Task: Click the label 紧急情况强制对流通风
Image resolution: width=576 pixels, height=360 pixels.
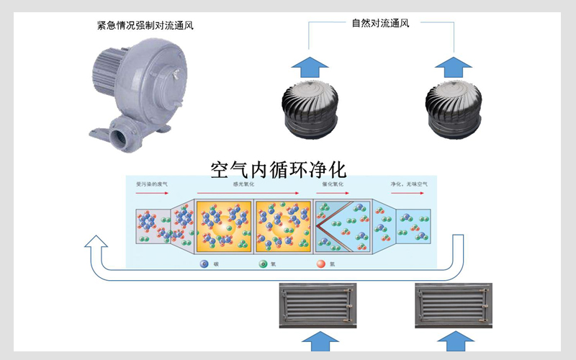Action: pyautogui.click(x=145, y=26)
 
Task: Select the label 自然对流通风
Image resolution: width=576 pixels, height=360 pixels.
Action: pyautogui.click(x=381, y=22)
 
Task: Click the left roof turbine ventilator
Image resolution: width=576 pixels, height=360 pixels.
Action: pyautogui.click(x=310, y=109)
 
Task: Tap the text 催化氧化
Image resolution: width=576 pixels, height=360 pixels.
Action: pyautogui.click(x=333, y=184)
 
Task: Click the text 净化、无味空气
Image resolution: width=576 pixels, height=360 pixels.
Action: pyautogui.click(x=409, y=184)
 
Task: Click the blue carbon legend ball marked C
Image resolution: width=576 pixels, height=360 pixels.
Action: pyautogui.click(x=204, y=264)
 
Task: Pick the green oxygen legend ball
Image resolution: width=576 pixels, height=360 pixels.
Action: pyautogui.click(x=264, y=264)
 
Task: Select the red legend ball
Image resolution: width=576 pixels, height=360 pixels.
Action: pyautogui.click(x=321, y=264)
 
